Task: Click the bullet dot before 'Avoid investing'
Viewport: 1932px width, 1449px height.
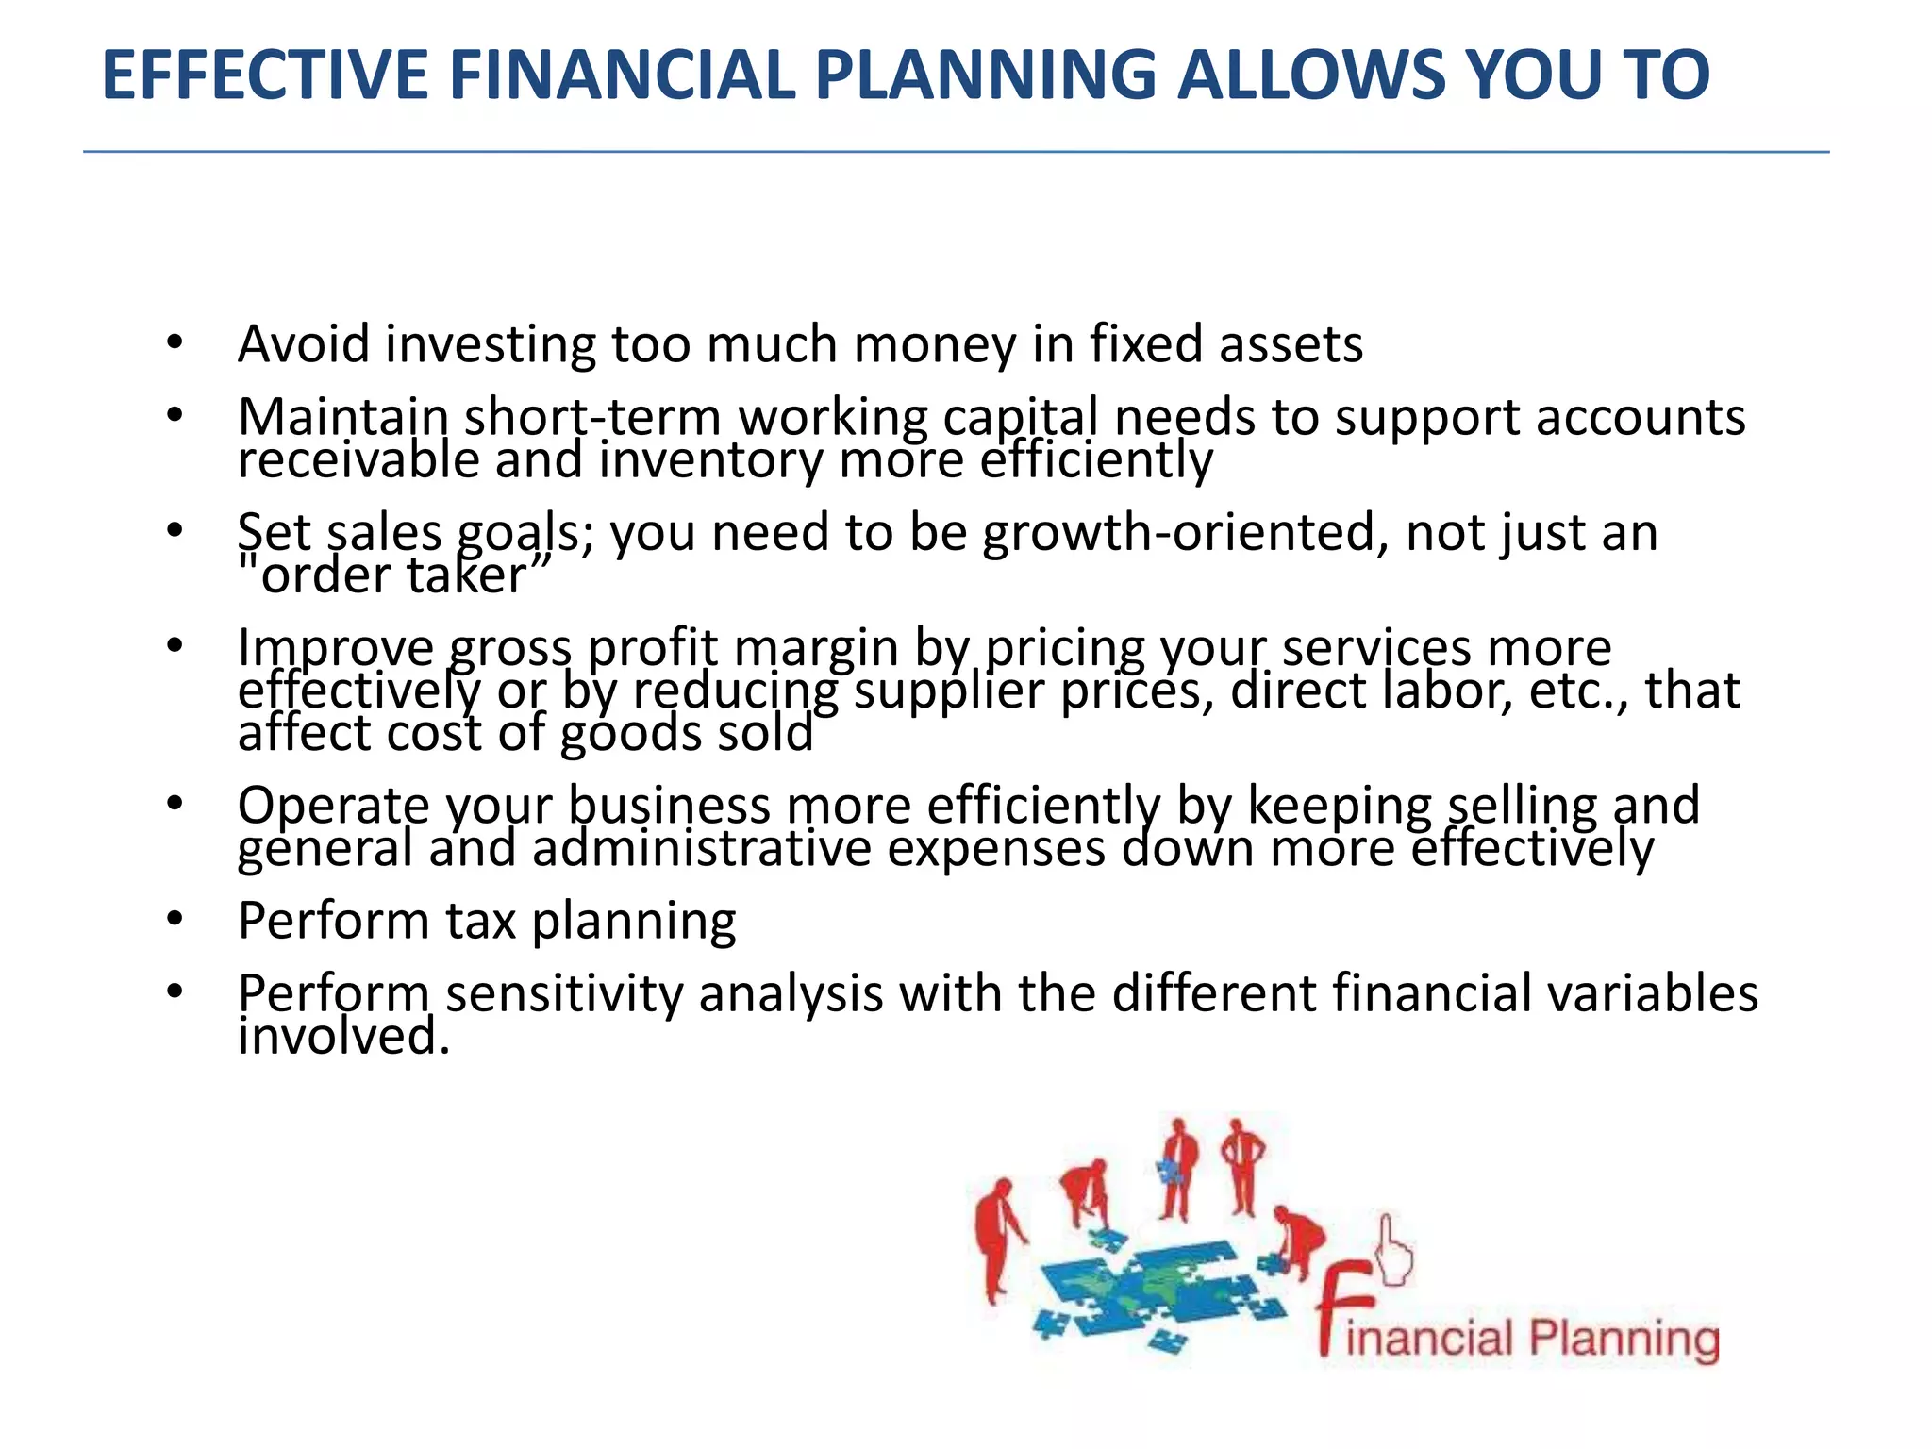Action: pos(175,343)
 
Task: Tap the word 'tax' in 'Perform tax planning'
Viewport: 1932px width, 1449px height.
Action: pos(480,921)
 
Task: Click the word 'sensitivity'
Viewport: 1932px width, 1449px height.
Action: pos(563,993)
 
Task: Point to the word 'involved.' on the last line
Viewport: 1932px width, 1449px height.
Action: pos(344,1037)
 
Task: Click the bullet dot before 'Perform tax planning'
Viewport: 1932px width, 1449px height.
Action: pos(175,921)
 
